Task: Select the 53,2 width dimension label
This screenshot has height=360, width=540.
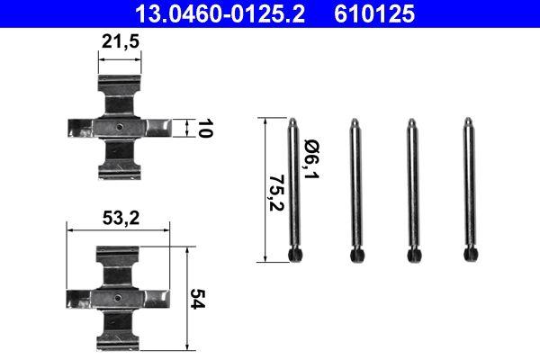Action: tap(120, 218)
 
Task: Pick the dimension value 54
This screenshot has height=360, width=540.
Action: tap(199, 300)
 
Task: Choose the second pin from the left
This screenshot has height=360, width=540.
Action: tap(354, 190)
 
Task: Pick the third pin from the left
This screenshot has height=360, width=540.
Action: tap(411, 190)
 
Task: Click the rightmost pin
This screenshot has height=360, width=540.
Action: tap(469, 190)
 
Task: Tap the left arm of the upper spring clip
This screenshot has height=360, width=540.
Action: tap(84, 129)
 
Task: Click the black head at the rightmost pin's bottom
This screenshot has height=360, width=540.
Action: tap(469, 256)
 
